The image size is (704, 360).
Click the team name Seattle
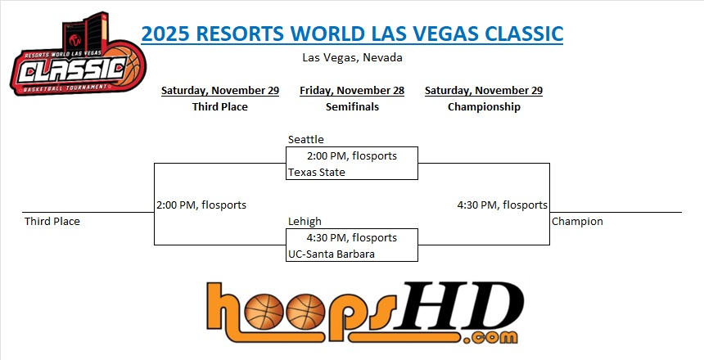click(x=306, y=140)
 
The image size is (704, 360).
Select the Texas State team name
click(x=317, y=173)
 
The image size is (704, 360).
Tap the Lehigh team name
click(x=305, y=221)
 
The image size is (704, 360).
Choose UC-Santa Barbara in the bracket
click(x=332, y=254)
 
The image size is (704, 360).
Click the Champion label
click(x=577, y=221)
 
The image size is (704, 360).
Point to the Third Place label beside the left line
click(x=52, y=221)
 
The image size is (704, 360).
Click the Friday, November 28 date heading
click(x=352, y=91)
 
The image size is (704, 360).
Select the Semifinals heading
click(x=352, y=107)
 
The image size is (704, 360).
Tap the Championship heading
click(x=484, y=107)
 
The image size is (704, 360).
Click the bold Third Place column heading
click(x=220, y=107)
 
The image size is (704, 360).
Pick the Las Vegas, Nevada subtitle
click(x=352, y=58)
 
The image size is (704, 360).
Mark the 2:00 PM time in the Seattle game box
click(x=327, y=155)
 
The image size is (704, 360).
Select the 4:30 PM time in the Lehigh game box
click(x=327, y=237)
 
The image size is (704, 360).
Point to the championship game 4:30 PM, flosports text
click(x=503, y=205)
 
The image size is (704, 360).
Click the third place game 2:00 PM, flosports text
click(x=201, y=205)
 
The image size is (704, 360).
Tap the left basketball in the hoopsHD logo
click(x=264, y=312)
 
